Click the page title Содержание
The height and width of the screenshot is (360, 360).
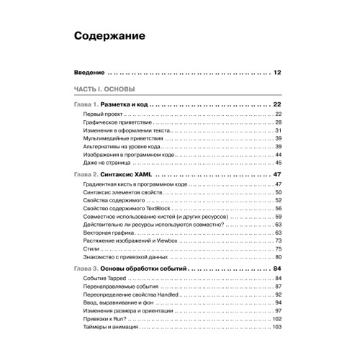tap(110, 35)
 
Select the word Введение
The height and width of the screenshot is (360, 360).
tap(90, 73)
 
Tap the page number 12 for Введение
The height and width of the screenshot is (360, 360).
tap(277, 73)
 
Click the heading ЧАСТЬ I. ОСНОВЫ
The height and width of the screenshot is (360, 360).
tap(103, 89)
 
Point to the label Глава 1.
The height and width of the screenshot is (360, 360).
tap(86, 104)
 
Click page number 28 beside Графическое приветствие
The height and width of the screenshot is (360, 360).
tap(278, 123)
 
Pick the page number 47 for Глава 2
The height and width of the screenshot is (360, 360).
tap(277, 175)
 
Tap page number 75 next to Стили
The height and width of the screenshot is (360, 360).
tap(278, 249)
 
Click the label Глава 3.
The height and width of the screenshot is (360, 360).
tap(86, 269)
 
